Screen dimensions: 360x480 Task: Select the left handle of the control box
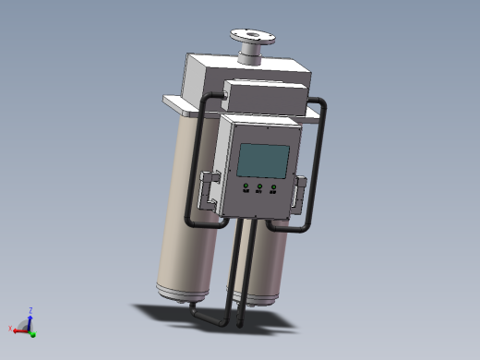click(208, 191)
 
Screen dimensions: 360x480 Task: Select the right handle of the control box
click(299, 193)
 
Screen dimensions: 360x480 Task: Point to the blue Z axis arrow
click(29, 318)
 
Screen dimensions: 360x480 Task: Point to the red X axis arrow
click(19, 329)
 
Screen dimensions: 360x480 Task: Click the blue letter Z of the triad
click(30, 310)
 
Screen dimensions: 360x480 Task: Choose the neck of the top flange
click(249, 55)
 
